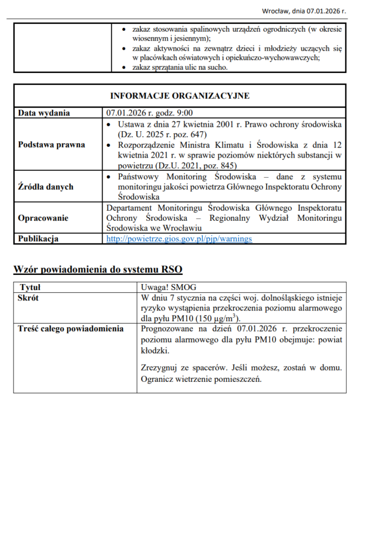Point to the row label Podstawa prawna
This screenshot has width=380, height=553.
(x=51, y=145)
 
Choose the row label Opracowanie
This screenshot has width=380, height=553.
(x=43, y=218)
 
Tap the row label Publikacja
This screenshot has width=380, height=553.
(x=39, y=238)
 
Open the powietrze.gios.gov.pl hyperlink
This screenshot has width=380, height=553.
(x=179, y=238)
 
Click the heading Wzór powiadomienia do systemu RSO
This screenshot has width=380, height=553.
(x=101, y=268)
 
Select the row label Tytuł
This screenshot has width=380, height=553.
(x=30, y=288)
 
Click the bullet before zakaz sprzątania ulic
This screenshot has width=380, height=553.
(x=125, y=68)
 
